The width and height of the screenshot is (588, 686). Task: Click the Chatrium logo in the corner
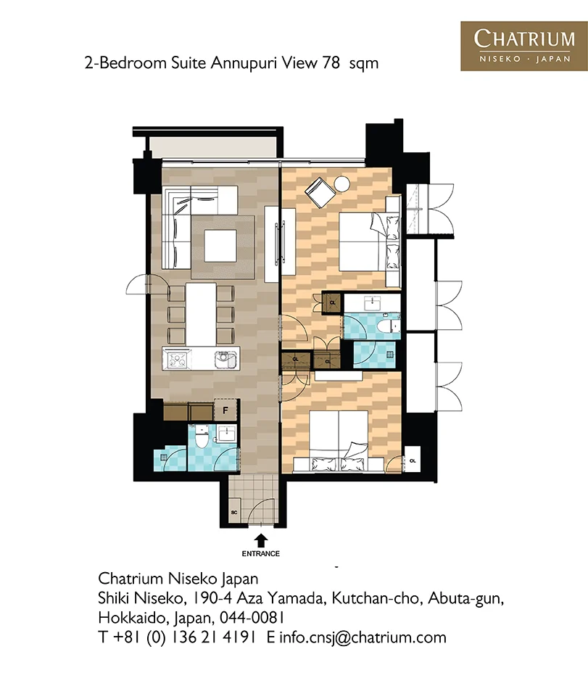tap(523, 46)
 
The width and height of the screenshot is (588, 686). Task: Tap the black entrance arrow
tap(261, 541)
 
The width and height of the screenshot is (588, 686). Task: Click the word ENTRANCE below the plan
tap(261, 553)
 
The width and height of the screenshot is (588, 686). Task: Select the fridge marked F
tap(225, 410)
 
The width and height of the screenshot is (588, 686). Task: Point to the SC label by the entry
tap(234, 512)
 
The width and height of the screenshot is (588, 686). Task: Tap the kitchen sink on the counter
tap(225, 360)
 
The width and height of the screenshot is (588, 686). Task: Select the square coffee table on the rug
tap(220, 245)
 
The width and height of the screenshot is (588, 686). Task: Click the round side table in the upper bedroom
tap(341, 183)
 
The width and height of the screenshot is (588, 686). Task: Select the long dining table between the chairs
tap(201, 314)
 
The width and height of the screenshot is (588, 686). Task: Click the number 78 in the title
tap(331, 63)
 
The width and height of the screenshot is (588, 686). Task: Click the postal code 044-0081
tap(252, 618)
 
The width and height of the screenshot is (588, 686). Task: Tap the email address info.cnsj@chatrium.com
tap(363, 637)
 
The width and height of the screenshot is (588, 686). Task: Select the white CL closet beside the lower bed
tap(413, 460)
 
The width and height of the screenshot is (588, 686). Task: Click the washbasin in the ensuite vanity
tap(373, 302)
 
